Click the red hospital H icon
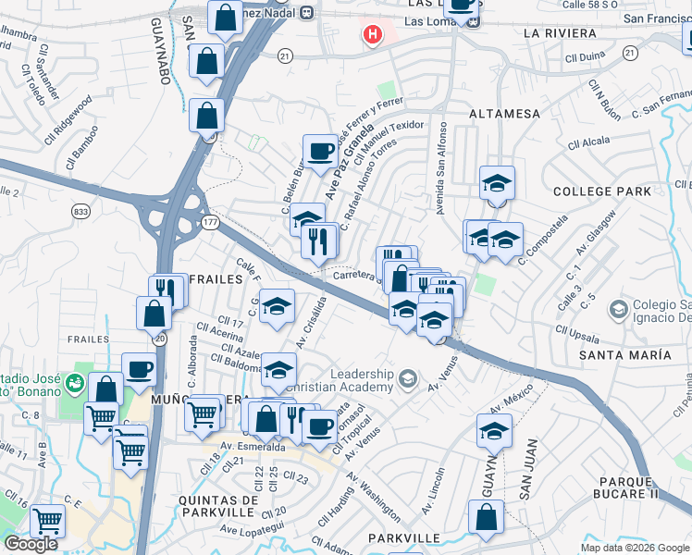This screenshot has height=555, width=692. [373, 35]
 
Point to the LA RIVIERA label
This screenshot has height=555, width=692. [560, 33]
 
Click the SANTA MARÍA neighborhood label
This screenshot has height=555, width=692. [624, 355]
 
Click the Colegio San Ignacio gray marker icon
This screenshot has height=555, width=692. [616, 306]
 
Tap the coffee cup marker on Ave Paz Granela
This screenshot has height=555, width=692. [321, 150]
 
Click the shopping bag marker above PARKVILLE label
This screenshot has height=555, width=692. [486, 517]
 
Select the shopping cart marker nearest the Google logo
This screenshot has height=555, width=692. [47, 521]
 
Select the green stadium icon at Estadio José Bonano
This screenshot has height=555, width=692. [75, 380]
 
